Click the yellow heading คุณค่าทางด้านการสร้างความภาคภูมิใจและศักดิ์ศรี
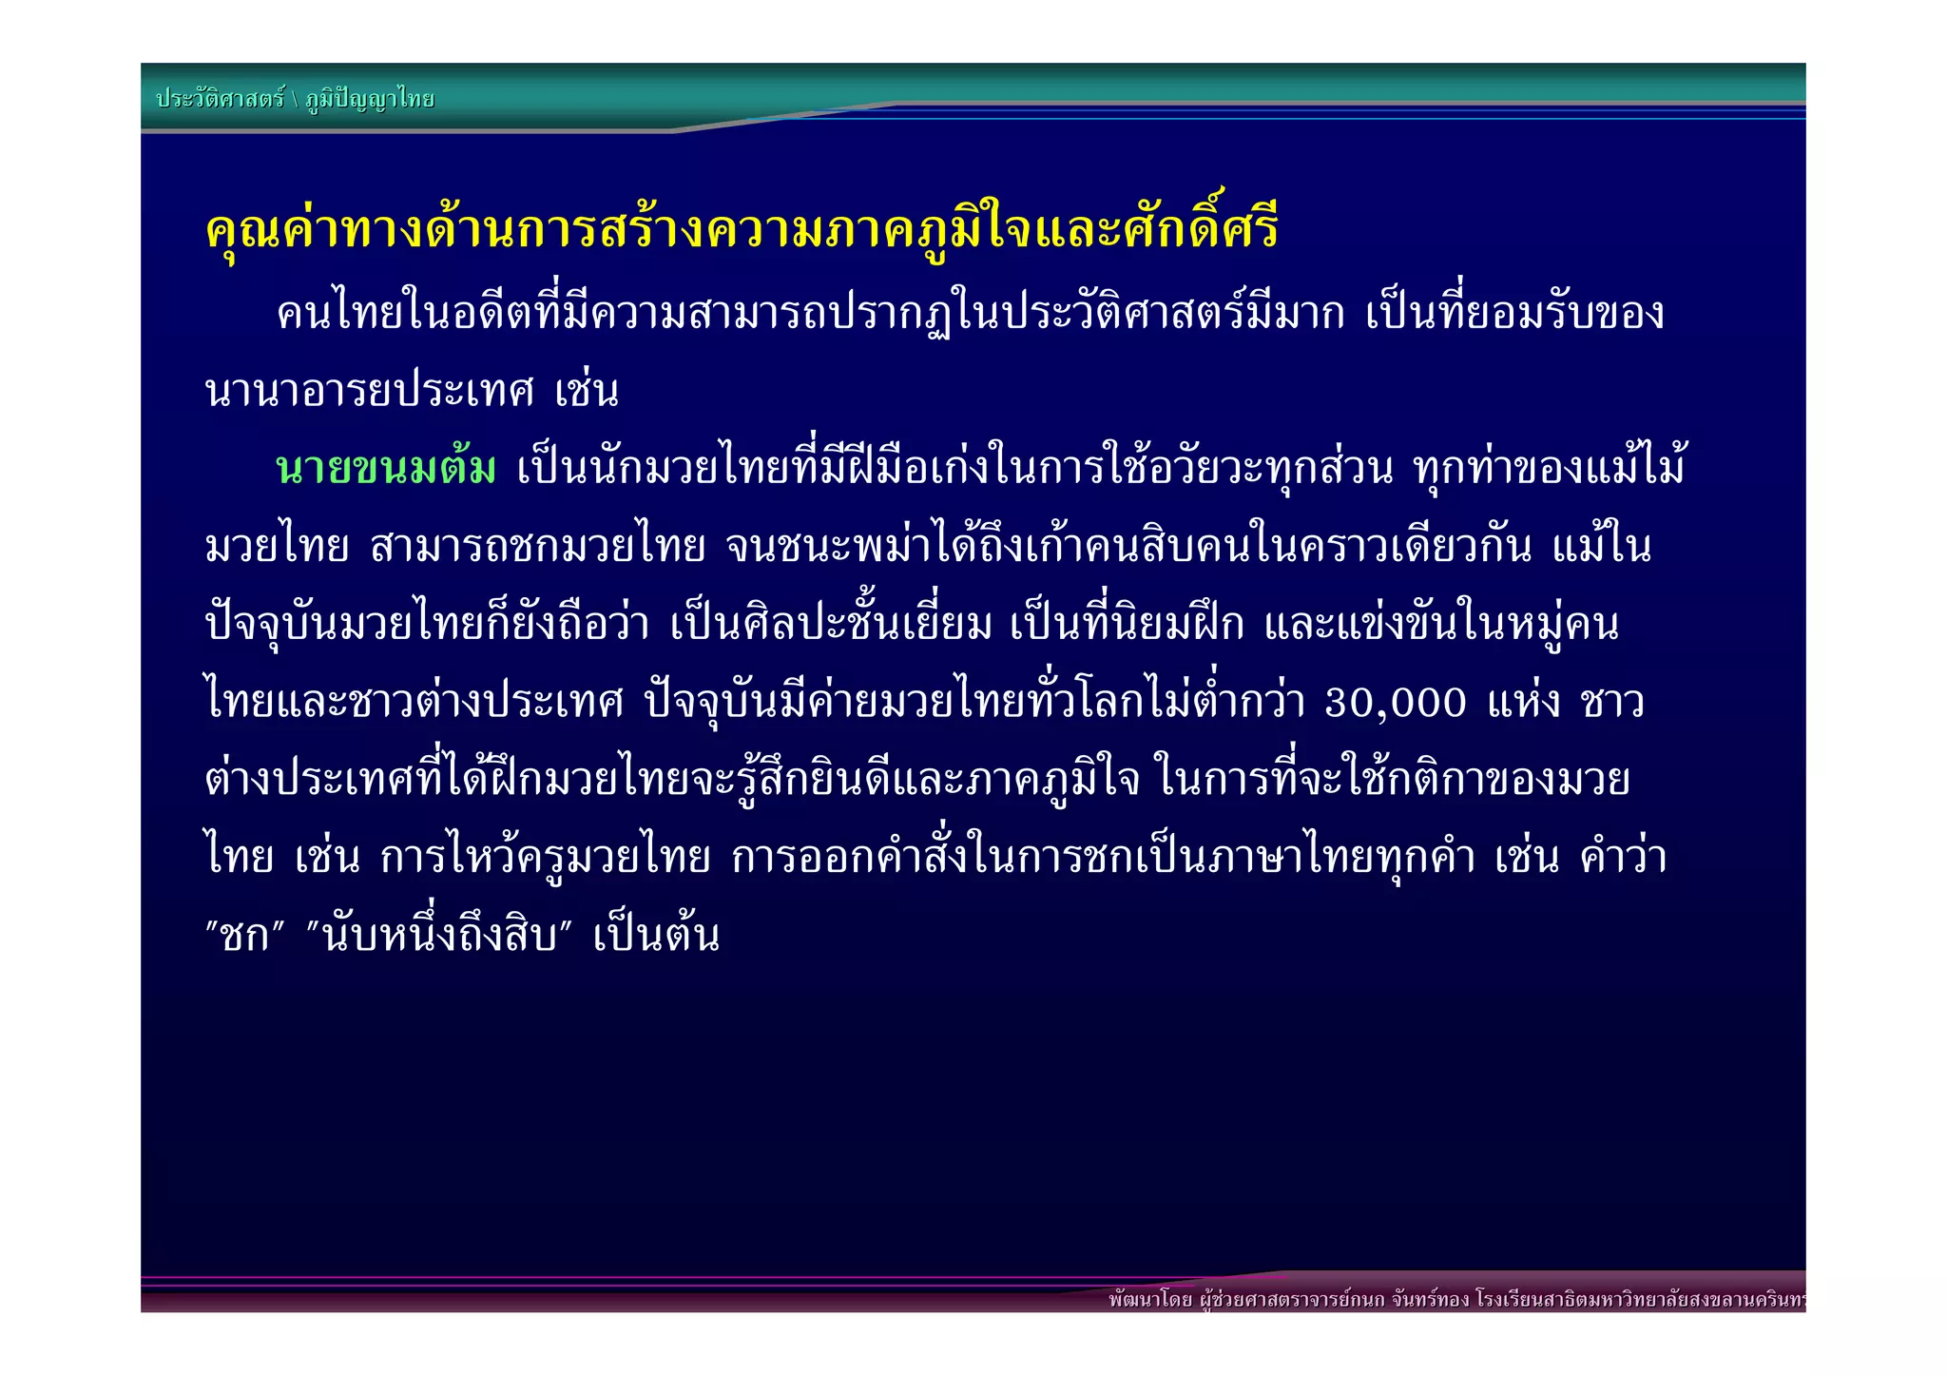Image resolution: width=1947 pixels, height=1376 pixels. point(742,231)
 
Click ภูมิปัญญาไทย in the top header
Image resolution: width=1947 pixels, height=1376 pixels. point(370,99)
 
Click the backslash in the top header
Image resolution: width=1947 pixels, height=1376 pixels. point(295,99)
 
